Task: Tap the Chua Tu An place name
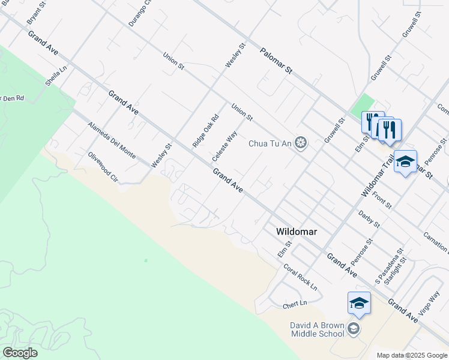tap(271, 143)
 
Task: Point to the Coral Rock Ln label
tap(300, 278)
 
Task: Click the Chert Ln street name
tap(295, 305)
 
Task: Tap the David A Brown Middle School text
tap(318, 329)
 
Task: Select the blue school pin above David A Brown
tap(359, 304)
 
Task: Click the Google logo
tap(20, 353)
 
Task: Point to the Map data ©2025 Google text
tap(411, 355)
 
